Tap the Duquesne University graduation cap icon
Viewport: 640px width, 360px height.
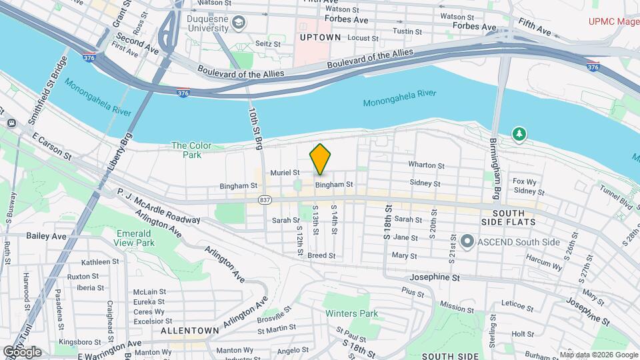point(238,24)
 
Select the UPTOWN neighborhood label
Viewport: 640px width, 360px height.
point(320,37)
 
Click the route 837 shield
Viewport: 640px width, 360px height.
point(265,199)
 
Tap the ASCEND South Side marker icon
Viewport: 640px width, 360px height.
point(467,241)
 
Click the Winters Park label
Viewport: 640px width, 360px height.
point(351,313)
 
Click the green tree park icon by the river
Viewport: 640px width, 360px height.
point(519,135)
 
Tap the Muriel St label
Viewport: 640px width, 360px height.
point(285,172)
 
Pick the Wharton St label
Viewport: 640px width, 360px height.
point(427,165)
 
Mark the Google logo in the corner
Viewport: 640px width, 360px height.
point(22,351)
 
